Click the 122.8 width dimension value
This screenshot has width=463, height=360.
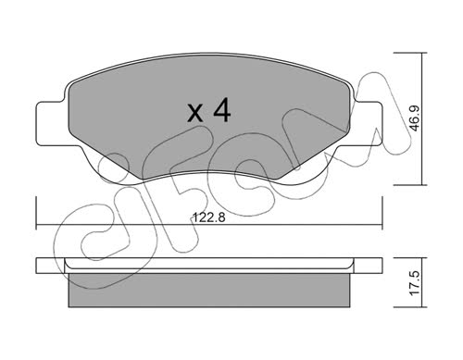pos(209,217)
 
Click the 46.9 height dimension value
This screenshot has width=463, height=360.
pos(416,118)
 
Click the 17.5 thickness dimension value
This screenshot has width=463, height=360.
pos(415,283)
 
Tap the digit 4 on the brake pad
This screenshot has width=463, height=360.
pos(222,110)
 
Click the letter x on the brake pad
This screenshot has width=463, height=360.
pos(195,113)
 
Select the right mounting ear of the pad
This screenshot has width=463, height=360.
pos(367,123)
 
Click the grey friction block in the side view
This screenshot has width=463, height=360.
pos(209,290)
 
